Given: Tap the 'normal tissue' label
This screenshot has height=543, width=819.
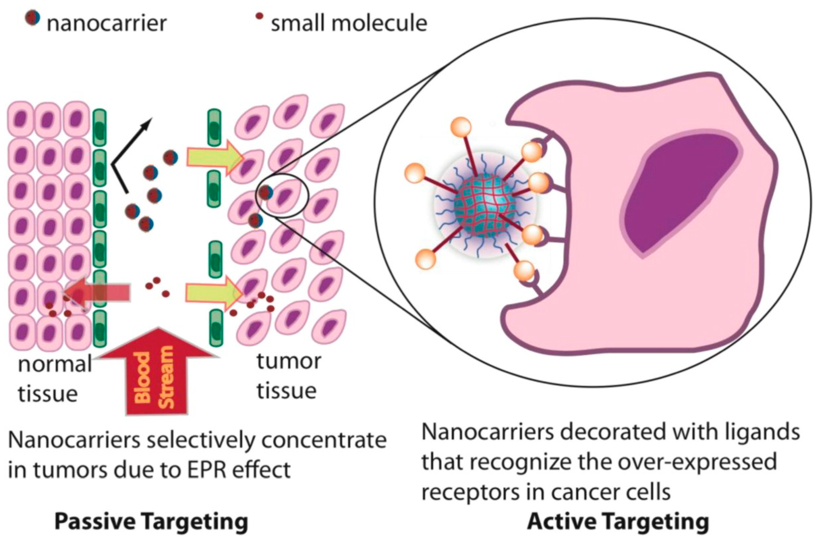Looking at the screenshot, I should [x=54, y=379].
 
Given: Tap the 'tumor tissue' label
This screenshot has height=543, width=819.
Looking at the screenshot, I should [x=288, y=376].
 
